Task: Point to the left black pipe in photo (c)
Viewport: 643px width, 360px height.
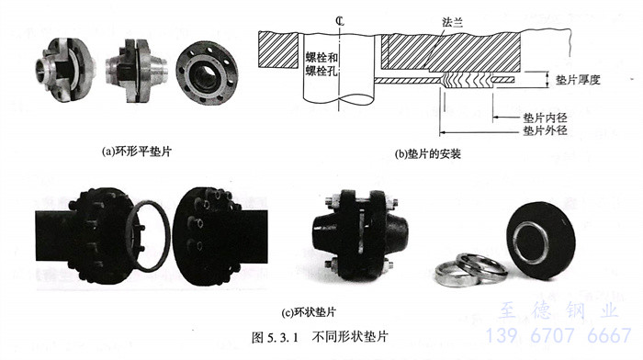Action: pyautogui.click(x=55, y=234)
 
